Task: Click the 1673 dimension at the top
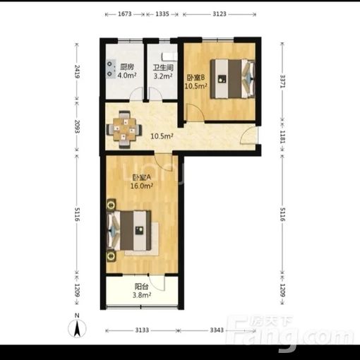(x=125, y=14)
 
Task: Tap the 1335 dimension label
(x=162, y=14)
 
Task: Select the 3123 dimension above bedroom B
(x=220, y=14)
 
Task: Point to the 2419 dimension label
(x=77, y=71)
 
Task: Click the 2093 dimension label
(x=77, y=126)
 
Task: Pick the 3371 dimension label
(x=282, y=81)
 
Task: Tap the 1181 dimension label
(x=282, y=137)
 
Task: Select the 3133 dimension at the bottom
(x=142, y=330)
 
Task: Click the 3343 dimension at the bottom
(x=217, y=330)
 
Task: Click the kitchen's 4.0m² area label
(x=127, y=76)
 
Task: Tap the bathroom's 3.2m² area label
(x=163, y=76)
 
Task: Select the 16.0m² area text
(x=142, y=186)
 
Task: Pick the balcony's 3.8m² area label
(x=142, y=295)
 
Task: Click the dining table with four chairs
(x=124, y=129)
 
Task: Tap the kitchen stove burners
(x=110, y=68)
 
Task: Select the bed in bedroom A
(x=129, y=230)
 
